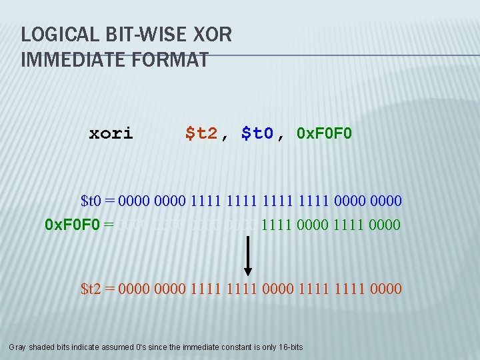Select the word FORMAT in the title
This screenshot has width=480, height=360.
(x=171, y=60)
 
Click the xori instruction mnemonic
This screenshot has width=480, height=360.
(x=111, y=133)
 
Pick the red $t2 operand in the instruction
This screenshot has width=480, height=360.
(x=201, y=133)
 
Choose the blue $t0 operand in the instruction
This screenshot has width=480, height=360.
(x=257, y=133)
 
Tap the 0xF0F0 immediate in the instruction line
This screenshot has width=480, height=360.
(x=325, y=133)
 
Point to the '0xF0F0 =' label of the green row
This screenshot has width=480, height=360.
(x=79, y=225)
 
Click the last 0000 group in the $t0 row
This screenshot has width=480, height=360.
(x=385, y=200)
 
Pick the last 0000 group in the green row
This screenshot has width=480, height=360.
(x=383, y=225)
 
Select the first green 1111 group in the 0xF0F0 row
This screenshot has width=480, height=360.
(x=279, y=225)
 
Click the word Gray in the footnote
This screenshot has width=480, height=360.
(x=19, y=347)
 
